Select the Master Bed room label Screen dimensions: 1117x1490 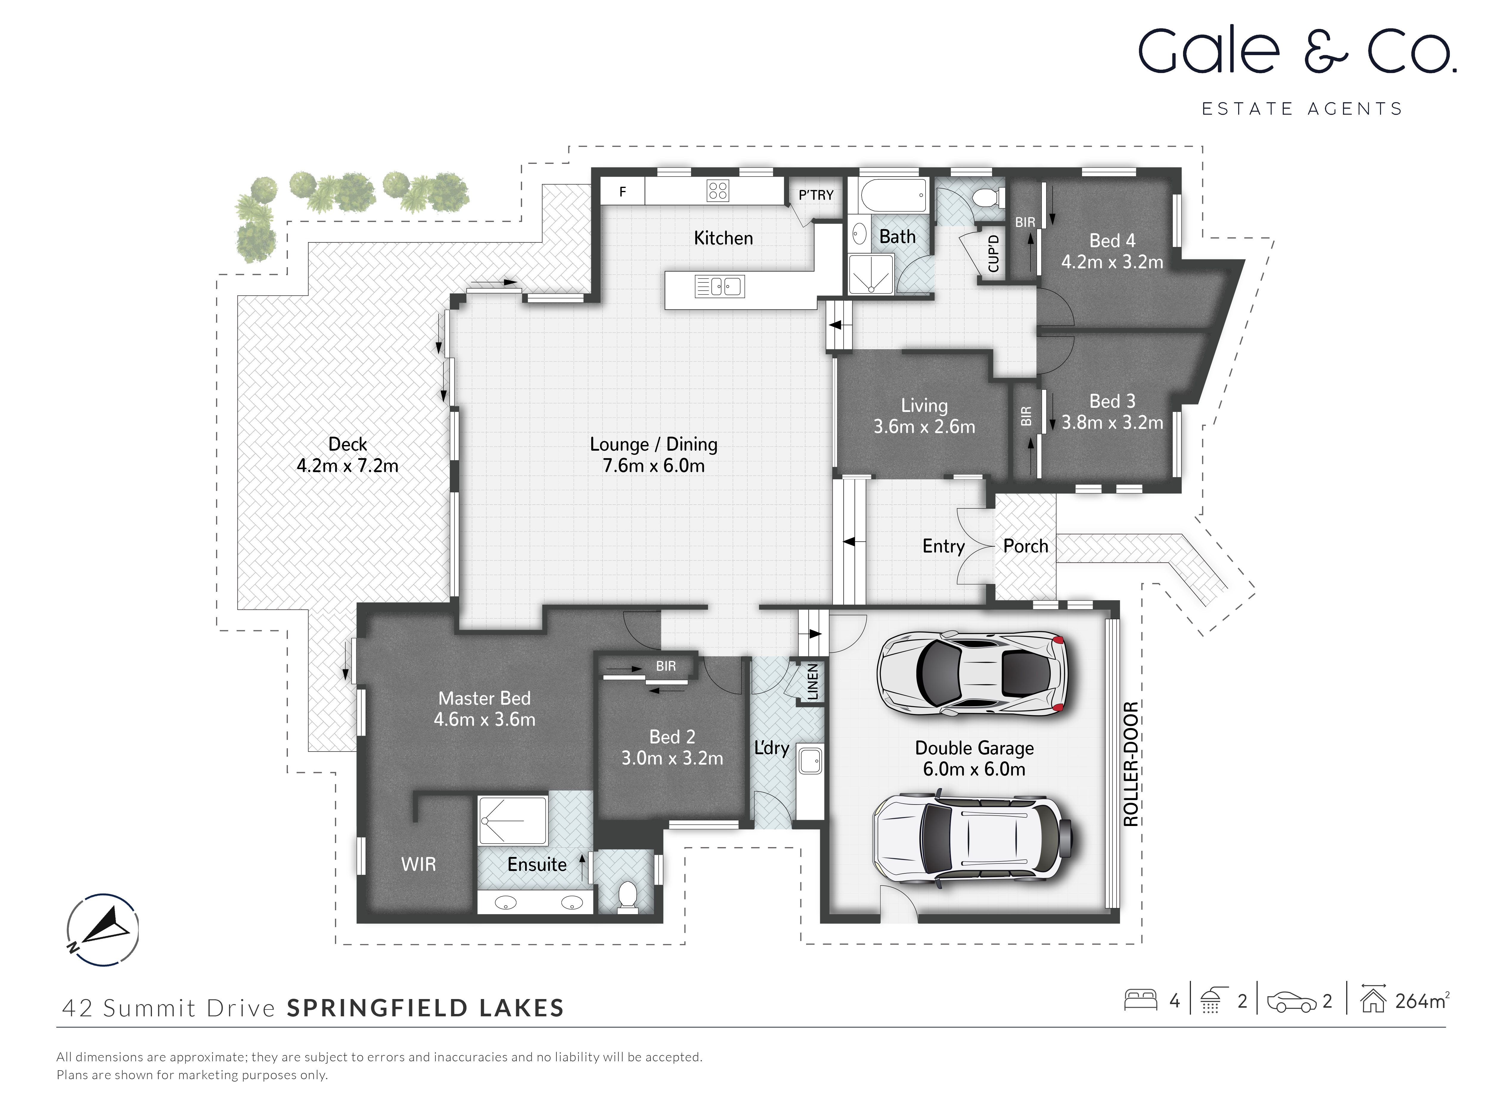[484, 698]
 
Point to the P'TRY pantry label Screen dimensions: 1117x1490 [816, 195]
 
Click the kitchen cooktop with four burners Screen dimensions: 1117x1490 [717, 191]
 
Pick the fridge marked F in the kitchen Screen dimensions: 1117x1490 [623, 192]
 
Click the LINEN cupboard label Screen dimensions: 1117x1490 [812, 682]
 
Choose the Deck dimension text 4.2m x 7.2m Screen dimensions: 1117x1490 [347, 465]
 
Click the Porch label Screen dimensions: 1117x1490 [1025, 546]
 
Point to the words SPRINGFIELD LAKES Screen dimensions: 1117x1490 [425, 1008]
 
